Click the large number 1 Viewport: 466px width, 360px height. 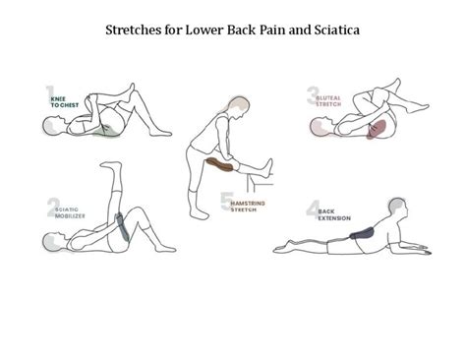[x=50, y=96]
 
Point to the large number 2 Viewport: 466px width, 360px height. [x=52, y=208]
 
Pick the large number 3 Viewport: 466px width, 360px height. [x=313, y=95]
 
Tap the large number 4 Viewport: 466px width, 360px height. [x=312, y=209]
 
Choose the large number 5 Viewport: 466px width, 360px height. [x=227, y=203]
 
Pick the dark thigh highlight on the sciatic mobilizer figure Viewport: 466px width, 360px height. [x=123, y=226]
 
